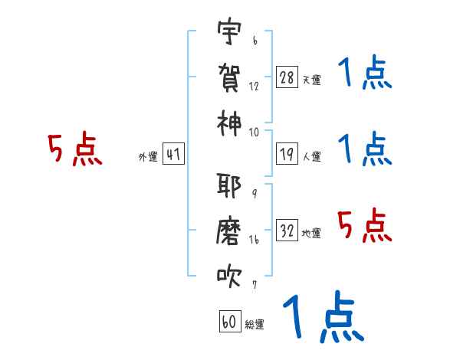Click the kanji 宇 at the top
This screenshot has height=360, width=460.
229,31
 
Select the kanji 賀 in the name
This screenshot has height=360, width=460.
229,77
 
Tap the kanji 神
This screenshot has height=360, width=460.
229,123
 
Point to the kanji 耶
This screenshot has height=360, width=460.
229,185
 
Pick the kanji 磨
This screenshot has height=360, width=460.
228,231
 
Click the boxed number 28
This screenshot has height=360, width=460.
287,77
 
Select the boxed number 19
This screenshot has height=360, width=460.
287,154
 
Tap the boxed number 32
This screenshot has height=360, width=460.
287,230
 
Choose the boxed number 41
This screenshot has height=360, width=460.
173,154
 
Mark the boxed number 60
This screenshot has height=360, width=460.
230,321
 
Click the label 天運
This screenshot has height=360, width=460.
311,80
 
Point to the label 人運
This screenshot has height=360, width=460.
311,156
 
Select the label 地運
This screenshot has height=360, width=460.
311,233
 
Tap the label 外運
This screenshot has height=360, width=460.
148,156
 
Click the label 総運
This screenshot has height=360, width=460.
255,324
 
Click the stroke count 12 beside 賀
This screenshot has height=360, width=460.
254,87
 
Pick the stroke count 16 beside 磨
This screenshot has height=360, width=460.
254,240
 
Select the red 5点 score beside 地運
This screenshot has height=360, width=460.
365,225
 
